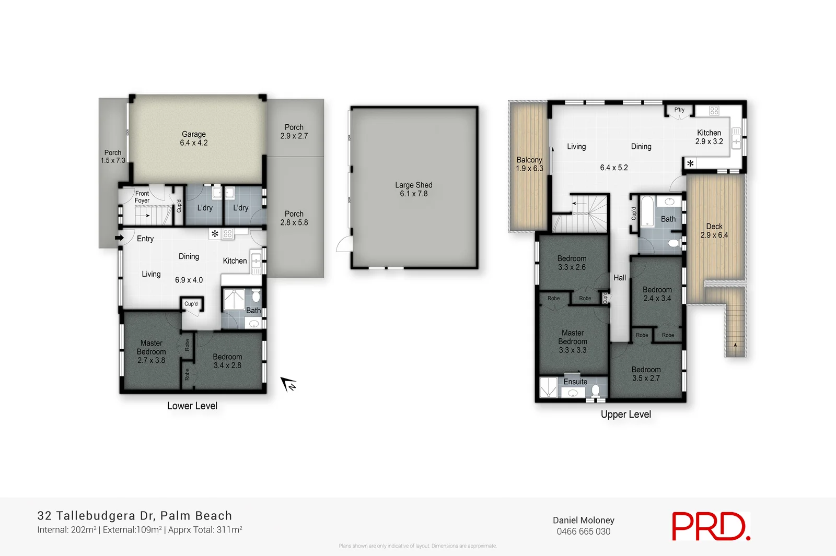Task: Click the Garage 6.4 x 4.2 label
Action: tap(194, 138)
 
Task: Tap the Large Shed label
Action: tap(413, 189)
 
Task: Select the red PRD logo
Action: tap(710, 526)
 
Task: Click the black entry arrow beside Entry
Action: tap(120, 238)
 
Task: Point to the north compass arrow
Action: tap(288, 384)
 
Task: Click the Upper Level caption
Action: tap(625, 415)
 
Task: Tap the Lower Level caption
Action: tap(192, 406)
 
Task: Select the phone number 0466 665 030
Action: tap(583, 531)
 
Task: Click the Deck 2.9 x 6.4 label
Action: tap(714, 231)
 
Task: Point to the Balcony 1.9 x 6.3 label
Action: tap(529, 164)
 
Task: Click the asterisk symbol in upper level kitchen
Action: tap(690, 164)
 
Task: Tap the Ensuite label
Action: tap(575, 382)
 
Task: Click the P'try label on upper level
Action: tap(679, 110)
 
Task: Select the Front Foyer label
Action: tap(142, 197)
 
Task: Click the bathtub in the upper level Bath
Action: tap(646, 211)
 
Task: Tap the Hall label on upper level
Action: tap(620, 278)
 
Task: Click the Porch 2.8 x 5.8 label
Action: tap(294, 218)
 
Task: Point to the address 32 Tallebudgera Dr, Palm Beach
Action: tap(134, 516)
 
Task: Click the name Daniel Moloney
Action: tap(583, 520)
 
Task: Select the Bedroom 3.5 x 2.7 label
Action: tap(646, 374)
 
